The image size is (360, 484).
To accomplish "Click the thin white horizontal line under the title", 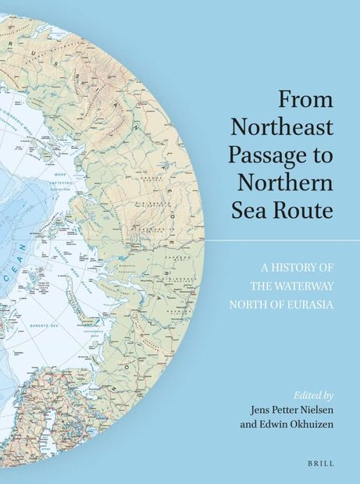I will point(281,241).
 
